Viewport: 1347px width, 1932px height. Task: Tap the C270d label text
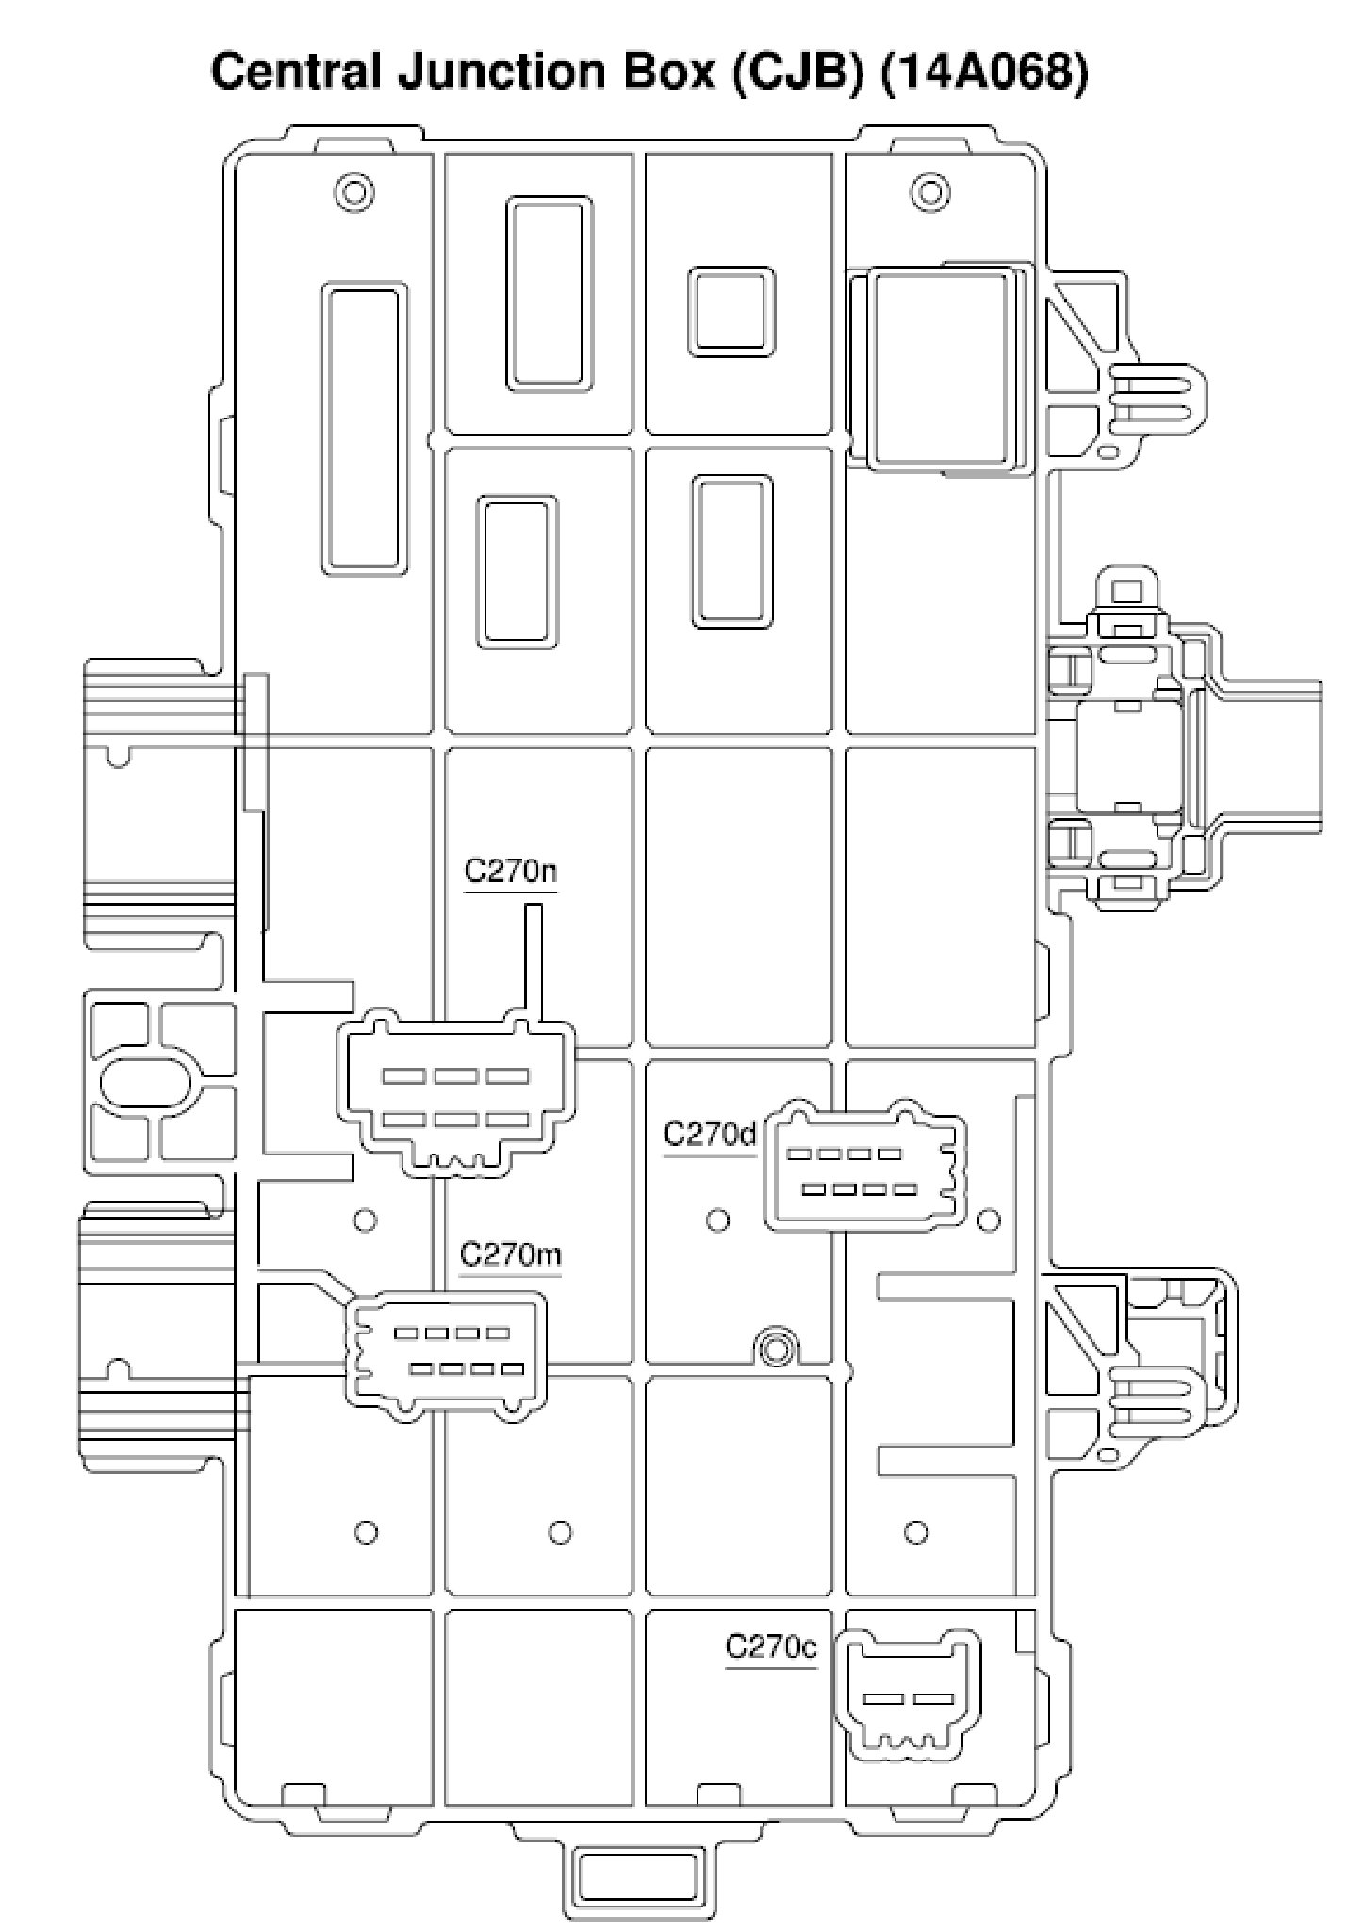[x=710, y=1135]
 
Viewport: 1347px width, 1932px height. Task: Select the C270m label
[x=510, y=1255]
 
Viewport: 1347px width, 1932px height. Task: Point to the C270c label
[x=770, y=1646]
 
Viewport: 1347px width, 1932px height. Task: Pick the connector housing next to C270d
[x=863, y=1169]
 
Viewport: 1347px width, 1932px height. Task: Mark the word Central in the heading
[x=298, y=72]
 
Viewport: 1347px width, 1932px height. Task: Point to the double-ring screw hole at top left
[x=355, y=192]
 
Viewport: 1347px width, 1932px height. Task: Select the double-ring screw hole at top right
[x=929, y=192]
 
